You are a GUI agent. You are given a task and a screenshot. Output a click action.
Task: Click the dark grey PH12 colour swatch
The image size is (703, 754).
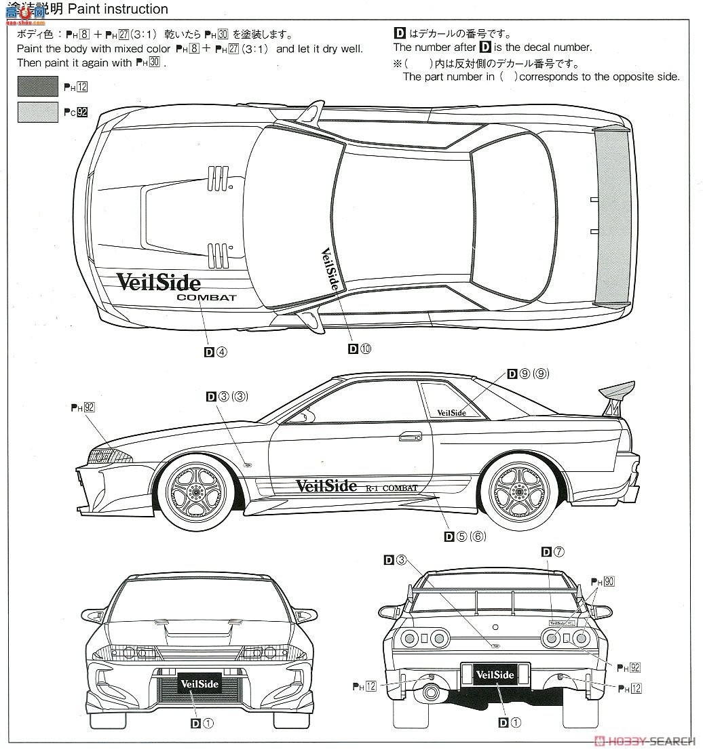click(38, 86)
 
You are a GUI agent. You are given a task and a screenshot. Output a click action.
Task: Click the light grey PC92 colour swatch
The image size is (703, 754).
click(38, 112)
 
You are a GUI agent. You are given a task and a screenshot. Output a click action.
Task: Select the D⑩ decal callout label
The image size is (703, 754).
click(360, 349)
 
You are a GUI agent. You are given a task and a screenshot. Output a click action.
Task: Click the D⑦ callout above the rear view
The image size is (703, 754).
click(553, 553)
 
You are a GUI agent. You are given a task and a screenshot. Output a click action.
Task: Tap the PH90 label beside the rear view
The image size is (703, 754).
click(602, 582)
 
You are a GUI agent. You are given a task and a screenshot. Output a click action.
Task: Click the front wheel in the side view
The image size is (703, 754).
click(196, 490)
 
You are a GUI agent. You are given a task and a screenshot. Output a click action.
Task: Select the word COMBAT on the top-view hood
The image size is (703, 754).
click(206, 297)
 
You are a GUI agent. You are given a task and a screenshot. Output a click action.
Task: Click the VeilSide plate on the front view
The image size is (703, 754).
click(199, 683)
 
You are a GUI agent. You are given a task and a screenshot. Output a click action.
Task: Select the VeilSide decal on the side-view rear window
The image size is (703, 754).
click(451, 412)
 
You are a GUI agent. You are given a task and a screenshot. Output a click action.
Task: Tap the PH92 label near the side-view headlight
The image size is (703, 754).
click(81, 408)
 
